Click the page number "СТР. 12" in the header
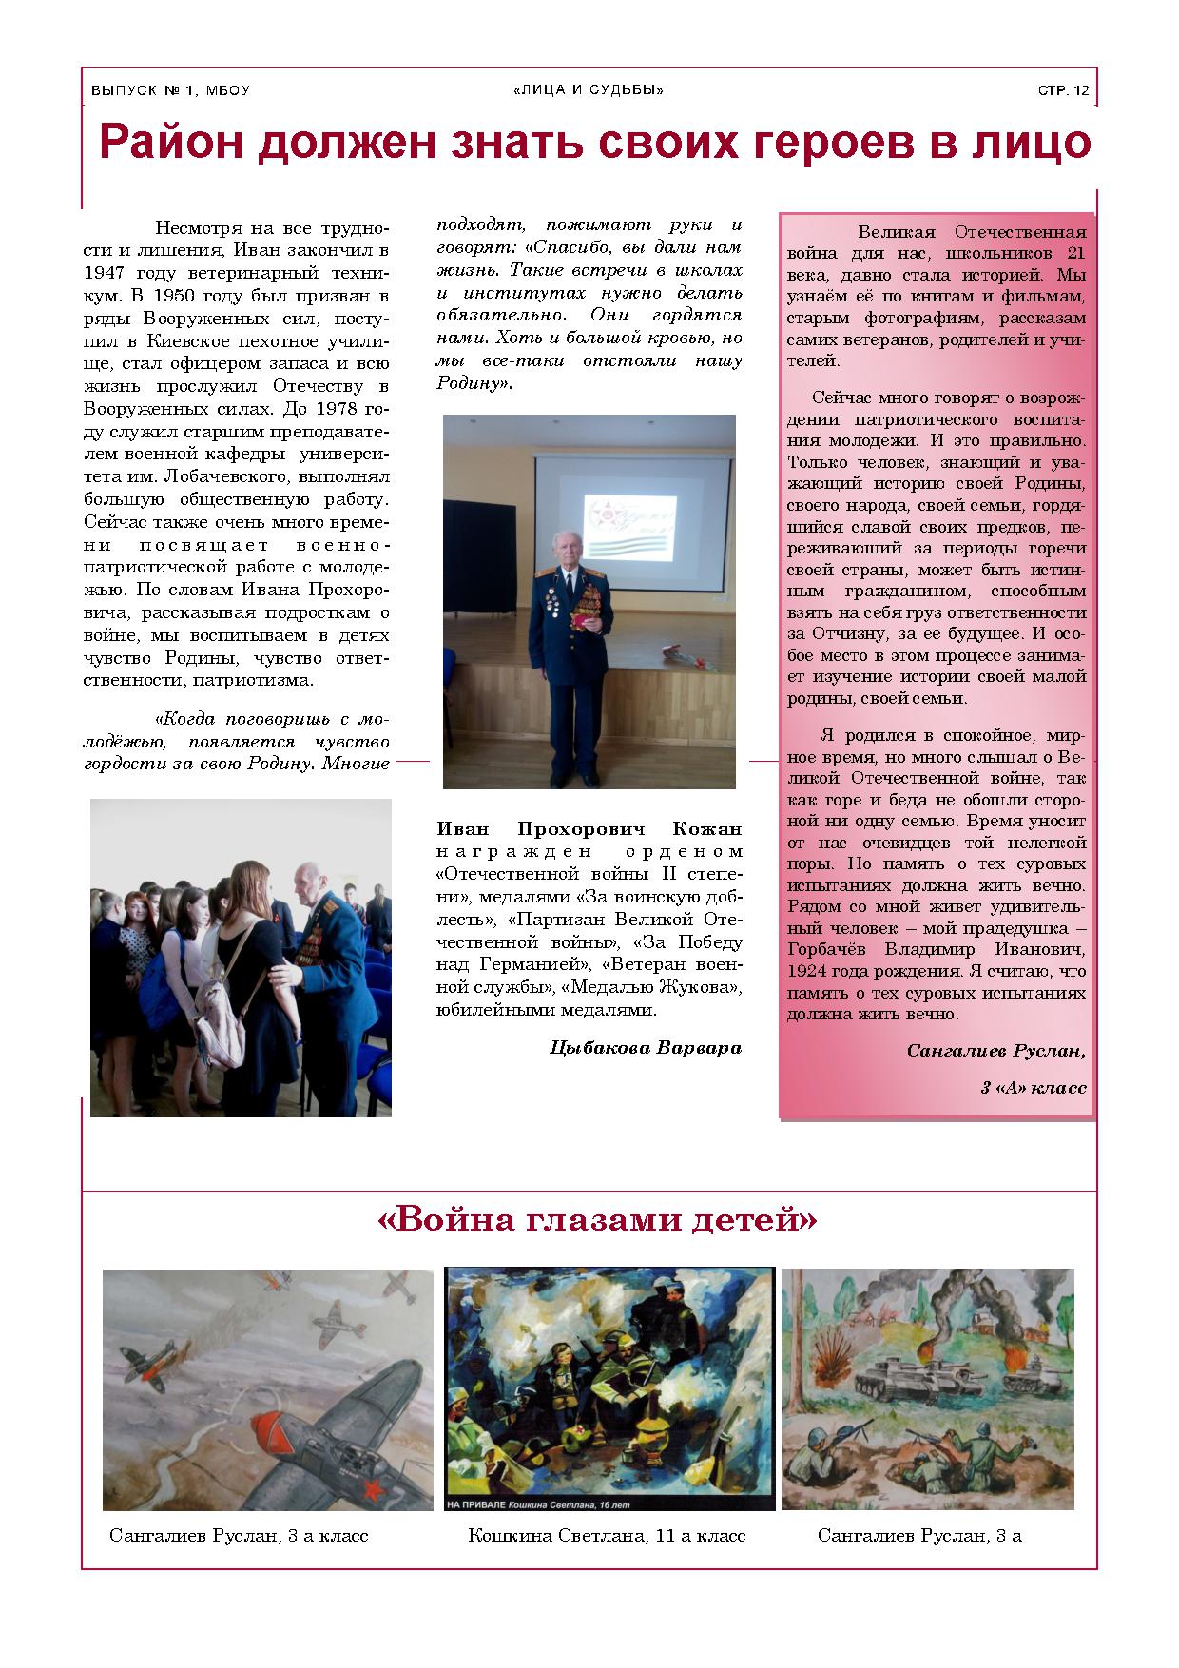pyautogui.click(x=1063, y=91)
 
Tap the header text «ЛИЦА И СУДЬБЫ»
pyautogui.click(x=589, y=90)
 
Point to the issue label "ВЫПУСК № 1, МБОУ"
pyautogui.click(x=170, y=91)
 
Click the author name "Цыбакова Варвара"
pyautogui.click(x=646, y=1048)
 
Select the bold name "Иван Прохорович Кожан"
pyautogui.click(x=589, y=828)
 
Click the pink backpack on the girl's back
pyautogui.click(x=220, y=1018)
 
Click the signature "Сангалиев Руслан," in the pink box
pyautogui.click(x=995, y=1051)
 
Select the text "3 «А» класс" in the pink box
pyautogui.click(x=1033, y=1087)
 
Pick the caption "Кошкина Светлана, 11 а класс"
pyautogui.click(x=607, y=1535)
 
